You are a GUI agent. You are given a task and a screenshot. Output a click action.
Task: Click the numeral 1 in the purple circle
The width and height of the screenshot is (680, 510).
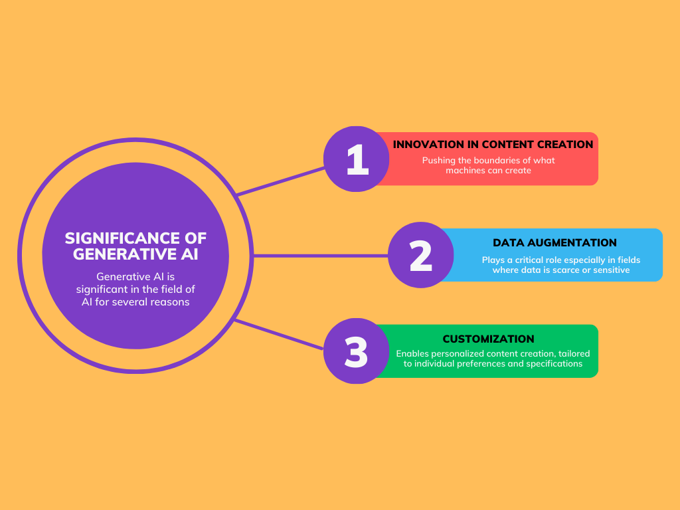coord(357,159)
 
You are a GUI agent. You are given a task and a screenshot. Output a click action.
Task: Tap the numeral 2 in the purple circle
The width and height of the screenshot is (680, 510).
coord(421,256)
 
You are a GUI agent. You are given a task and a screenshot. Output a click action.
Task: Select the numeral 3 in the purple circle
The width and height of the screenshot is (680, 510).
coord(357,352)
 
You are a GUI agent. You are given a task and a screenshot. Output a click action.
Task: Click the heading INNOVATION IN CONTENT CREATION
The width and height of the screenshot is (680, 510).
coord(493,144)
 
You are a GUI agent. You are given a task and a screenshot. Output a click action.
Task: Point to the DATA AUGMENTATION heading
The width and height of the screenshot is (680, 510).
coord(554,242)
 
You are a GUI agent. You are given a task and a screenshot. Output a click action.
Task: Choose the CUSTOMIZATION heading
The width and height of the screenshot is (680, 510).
coord(488,339)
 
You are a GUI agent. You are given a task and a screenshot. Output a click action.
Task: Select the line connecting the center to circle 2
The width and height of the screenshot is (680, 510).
coord(319,255)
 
